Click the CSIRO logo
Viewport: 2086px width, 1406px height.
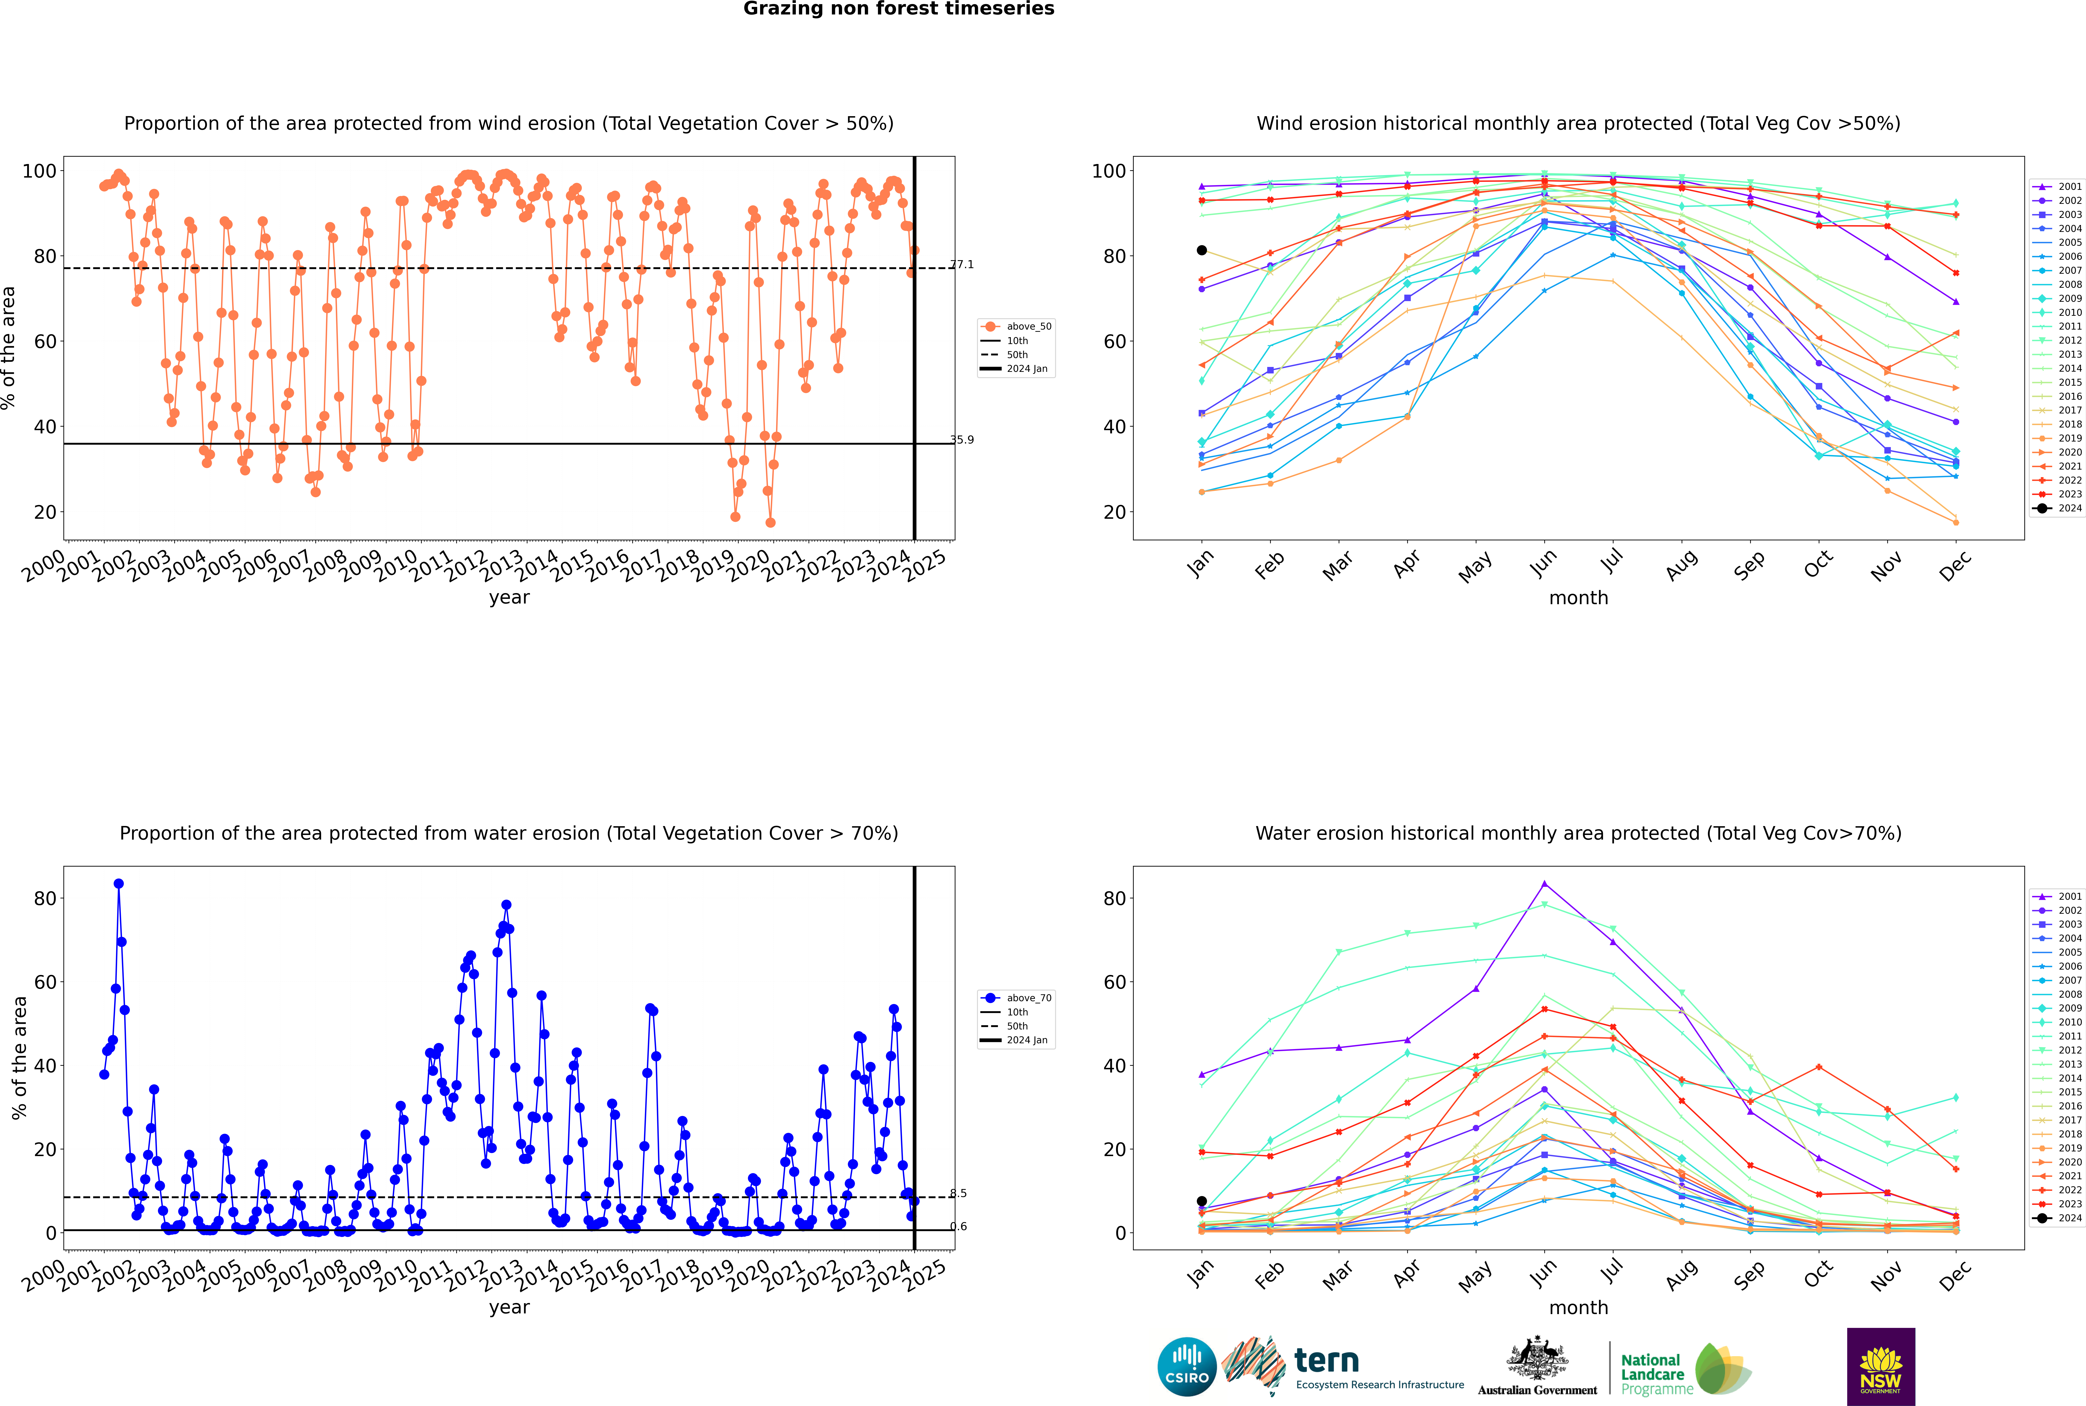click(x=1186, y=1368)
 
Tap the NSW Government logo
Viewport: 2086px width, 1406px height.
click(x=1881, y=1367)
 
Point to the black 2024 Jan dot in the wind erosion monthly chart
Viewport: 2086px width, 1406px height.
click(x=1202, y=250)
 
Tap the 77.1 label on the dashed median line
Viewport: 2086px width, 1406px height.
click(x=961, y=265)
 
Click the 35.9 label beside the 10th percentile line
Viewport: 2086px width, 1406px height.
click(x=961, y=439)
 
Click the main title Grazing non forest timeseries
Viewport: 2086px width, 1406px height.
click(x=899, y=9)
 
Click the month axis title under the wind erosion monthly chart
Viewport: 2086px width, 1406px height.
click(x=1578, y=598)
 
